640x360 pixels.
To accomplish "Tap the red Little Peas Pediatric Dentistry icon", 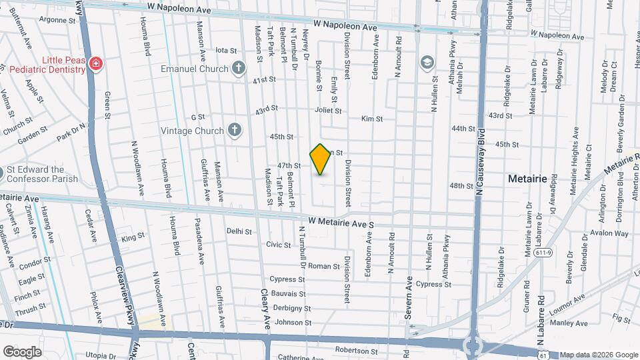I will click(x=97, y=64).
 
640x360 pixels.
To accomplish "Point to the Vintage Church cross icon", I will click(x=234, y=131).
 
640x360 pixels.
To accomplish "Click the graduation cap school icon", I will click(x=426, y=63).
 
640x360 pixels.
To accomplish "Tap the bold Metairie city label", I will click(x=527, y=179).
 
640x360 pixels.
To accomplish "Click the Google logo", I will click(x=23, y=351).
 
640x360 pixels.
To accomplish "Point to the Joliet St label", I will click(x=328, y=111).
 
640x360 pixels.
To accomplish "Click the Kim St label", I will click(x=371, y=119).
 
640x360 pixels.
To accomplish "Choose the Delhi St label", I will click(x=239, y=231).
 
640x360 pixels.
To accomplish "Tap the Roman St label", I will click(x=324, y=266).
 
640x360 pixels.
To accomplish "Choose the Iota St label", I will click(x=227, y=50).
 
